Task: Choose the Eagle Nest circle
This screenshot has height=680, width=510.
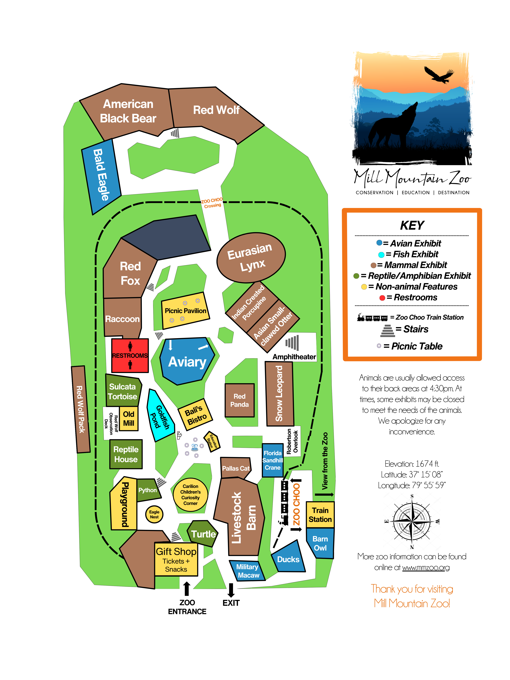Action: click(154, 514)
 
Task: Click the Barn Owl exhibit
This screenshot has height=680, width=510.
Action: click(320, 543)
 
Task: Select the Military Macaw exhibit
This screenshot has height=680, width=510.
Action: click(247, 570)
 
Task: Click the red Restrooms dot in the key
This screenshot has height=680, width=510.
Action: click(382, 298)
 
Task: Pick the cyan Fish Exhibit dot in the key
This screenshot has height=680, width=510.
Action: click(381, 255)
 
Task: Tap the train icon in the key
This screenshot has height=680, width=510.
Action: click(372, 318)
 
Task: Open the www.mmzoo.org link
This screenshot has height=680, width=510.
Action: click(426, 568)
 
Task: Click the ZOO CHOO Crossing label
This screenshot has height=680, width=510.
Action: click(212, 203)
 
